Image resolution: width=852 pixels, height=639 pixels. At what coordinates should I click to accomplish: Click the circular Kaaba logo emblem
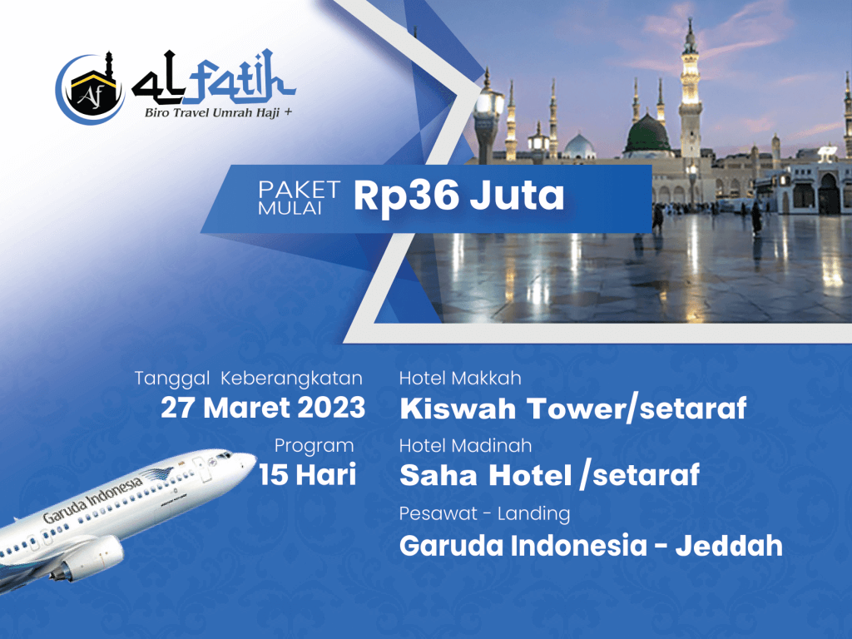pos(90,88)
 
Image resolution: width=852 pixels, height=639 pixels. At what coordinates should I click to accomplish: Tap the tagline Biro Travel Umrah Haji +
pos(218,113)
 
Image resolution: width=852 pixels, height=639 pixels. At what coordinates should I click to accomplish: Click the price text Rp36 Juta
pos(459,196)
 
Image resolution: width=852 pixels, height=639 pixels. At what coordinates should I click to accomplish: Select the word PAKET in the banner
pos(299,190)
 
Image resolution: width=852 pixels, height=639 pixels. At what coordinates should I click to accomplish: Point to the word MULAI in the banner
pos(290,209)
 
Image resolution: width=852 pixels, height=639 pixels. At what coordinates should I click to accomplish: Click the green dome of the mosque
pos(646,134)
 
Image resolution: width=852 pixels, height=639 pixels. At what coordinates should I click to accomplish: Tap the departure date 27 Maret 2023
pos(263,408)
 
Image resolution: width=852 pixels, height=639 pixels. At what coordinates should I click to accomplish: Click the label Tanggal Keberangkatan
pos(248,378)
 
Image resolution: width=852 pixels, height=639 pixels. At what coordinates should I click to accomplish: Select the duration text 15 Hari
pos(308,473)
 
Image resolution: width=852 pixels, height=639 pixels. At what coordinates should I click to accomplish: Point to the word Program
pos(314,446)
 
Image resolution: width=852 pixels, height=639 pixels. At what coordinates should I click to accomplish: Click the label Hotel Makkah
pos(460,378)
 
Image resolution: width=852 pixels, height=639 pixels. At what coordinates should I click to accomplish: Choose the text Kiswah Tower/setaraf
pos(573,409)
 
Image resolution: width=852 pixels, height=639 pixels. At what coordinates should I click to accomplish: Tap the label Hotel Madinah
pos(466,446)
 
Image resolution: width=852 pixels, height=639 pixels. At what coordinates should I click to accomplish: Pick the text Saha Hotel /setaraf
pos(549,475)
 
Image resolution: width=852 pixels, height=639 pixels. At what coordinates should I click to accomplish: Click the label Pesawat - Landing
pos(485,513)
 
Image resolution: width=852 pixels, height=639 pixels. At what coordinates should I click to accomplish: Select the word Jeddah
pos(729,546)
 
